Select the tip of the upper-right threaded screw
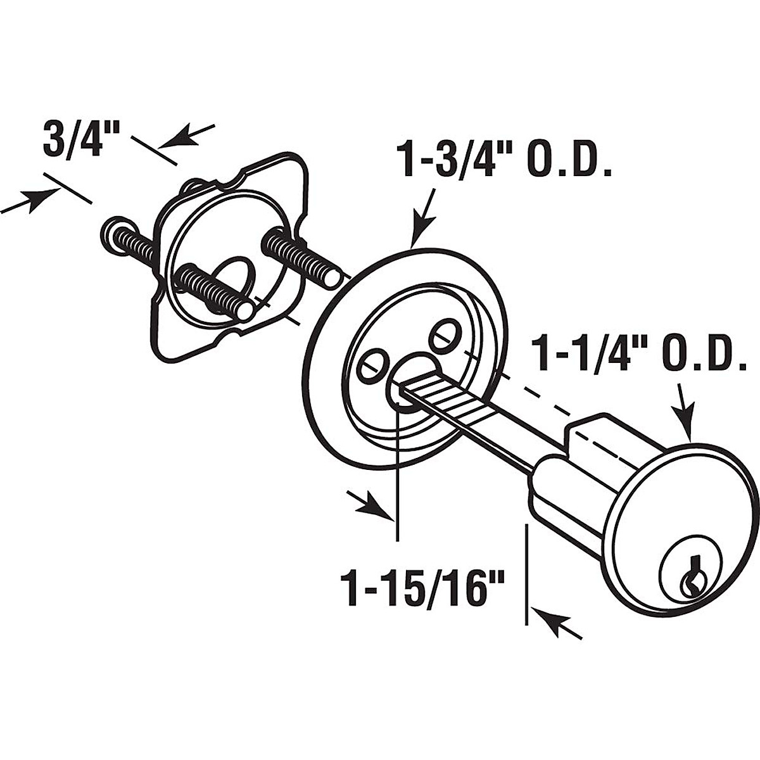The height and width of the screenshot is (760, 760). [332, 275]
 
